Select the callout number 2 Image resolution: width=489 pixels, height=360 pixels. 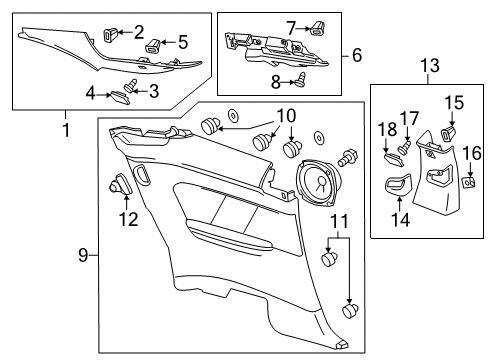pos(139,31)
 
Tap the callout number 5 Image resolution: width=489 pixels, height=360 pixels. pos(183,42)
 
